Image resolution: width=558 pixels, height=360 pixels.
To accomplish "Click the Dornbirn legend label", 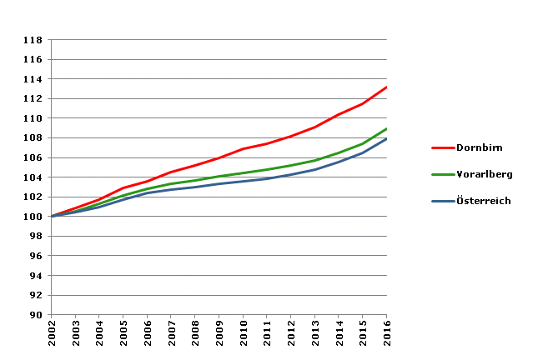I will click(480, 147).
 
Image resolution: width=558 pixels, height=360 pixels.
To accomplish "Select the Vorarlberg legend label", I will click(484, 174).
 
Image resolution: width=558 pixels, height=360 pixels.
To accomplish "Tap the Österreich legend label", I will click(483, 201).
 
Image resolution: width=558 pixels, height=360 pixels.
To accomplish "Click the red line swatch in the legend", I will click(441, 147).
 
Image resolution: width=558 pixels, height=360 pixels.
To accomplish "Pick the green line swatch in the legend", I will click(441, 174).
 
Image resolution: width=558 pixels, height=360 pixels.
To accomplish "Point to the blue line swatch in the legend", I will click(441, 201).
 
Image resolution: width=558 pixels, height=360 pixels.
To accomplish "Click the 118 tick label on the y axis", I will click(33, 40).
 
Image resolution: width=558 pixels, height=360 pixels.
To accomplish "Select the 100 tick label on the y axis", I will click(33, 217).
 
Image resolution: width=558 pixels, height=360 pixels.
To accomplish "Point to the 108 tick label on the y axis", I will click(33, 138).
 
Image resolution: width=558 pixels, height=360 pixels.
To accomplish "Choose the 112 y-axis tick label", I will click(33, 99).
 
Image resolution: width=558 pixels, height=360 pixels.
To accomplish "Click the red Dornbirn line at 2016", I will click(386, 87).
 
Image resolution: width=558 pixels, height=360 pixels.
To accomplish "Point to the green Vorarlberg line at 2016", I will click(386, 129).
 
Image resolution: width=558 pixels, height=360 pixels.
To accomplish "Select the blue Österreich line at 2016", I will click(386, 139).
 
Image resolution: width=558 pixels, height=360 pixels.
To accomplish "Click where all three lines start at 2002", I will click(53, 217).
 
